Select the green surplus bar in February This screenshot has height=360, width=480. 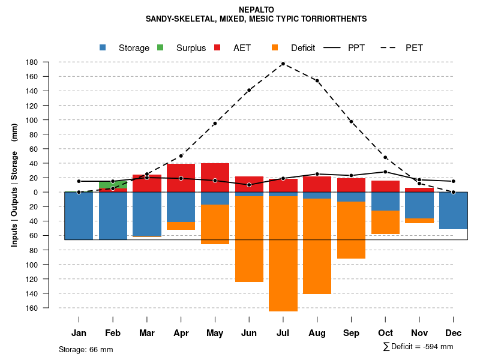[113, 184]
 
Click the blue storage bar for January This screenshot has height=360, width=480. [79, 216]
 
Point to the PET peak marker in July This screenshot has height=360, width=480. [283, 64]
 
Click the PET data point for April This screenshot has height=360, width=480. [181, 156]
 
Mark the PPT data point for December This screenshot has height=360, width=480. [454, 181]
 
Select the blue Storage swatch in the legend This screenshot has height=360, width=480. [103, 48]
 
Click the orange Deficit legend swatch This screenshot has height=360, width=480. [275, 48]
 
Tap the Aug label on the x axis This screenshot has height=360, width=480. [317, 333]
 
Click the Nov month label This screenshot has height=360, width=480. [419, 333]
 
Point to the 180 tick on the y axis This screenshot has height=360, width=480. [49, 62]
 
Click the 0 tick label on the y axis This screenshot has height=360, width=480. [52, 193]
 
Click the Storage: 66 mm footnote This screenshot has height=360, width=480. [86, 349]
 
